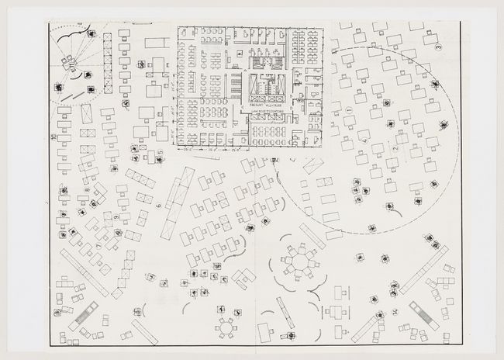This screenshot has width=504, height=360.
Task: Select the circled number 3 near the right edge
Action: tap(439, 48)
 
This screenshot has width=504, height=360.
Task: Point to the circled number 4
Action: tap(364, 142)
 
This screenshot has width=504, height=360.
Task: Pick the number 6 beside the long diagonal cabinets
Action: tap(158, 206)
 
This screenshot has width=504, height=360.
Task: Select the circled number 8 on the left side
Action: tap(87, 189)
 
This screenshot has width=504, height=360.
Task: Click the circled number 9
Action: tap(117, 218)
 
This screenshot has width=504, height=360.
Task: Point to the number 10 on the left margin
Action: tap(54, 139)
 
